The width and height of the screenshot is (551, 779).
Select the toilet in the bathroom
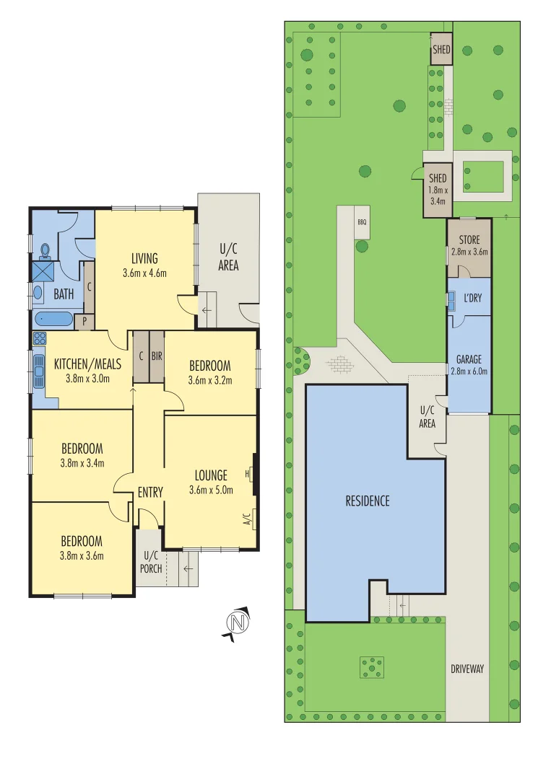pyautogui.click(x=45, y=250)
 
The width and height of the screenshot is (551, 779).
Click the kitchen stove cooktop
pyautogui.click(x=38, y=339)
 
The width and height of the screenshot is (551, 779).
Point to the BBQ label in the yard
pyautogui.click(x=362, y=222)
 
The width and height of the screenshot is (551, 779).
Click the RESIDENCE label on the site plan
pyautogui.click(x=367, y=501)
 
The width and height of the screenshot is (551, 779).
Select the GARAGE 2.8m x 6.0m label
pyautogui.click(x=468, y=365)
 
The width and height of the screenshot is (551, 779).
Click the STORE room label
pyautogui.click(x=469, y=239)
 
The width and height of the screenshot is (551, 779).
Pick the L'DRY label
pyautogui.click(x=472, y=297)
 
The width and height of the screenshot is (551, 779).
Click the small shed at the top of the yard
pyautogui.click(x=441, y=50)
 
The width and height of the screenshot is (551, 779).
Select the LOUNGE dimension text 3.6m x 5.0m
pyautogui.click(x=210, y=490)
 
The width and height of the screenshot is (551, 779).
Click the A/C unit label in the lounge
pyautogui.click(x=246, y=519)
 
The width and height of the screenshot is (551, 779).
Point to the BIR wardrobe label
pyautogui.click(x=156, y=356)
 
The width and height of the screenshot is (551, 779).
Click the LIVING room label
pyautogui.click(x=144, y=258)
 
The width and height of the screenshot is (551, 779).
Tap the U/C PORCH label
pyautogui.click(x=151, y=560)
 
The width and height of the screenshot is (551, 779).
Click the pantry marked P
pyautogui.click(x=84, y=322)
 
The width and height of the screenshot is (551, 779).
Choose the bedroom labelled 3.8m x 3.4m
pyautogui.click(x=82, y=455)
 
